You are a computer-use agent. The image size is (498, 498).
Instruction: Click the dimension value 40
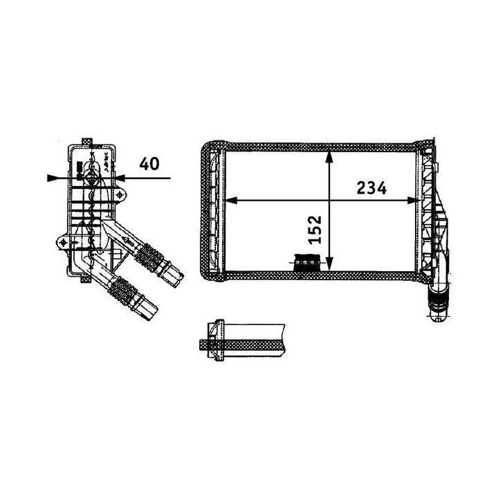coord(149,163)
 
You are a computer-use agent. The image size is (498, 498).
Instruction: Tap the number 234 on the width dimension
coord(371,188)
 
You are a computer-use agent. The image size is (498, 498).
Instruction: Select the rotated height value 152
coord(315,230)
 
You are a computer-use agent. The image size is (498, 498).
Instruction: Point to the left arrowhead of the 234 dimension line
coord(231,201)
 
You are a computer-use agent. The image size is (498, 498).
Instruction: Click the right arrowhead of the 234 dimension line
coord(413,201)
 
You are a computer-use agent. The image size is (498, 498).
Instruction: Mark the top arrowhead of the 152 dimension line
coord(329,158)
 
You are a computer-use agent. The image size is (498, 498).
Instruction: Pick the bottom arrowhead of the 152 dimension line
coord(329,264)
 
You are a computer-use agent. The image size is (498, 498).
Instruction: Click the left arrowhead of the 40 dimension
coord(53,178)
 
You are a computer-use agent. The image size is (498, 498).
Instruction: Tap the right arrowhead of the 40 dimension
coord(120,178)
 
